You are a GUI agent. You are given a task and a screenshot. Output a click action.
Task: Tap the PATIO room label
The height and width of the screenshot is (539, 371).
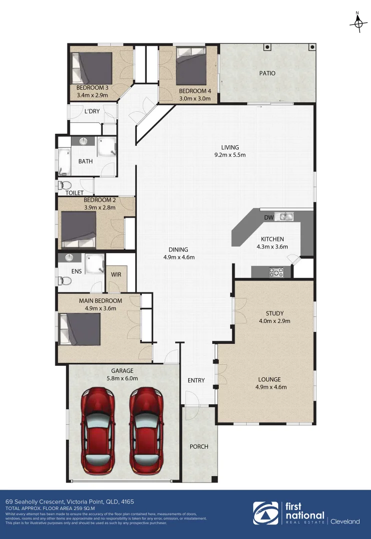[267, 73]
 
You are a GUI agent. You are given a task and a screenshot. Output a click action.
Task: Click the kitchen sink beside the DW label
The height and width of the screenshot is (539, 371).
[286, 217]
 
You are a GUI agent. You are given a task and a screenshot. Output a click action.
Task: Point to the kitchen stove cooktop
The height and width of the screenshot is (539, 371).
[276, 272]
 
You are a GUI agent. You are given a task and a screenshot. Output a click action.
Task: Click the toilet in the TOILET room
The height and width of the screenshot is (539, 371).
[62, 185]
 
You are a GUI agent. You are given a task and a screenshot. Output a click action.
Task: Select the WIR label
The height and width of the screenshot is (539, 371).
[116, 274]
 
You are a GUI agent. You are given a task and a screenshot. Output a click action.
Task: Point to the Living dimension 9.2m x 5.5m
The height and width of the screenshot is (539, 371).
[230, 155]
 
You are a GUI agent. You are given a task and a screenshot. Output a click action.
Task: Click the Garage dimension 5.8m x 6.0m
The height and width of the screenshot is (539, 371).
[122, 378]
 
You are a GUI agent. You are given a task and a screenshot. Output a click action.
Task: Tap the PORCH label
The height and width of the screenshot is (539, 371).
[199, 446]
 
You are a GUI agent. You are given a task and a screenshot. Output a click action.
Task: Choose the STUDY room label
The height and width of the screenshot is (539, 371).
[274, 313]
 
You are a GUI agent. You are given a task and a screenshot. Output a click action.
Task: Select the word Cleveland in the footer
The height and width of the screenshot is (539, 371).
[346, 522]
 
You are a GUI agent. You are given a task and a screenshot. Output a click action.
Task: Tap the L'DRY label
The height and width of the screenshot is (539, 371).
[91, 111]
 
